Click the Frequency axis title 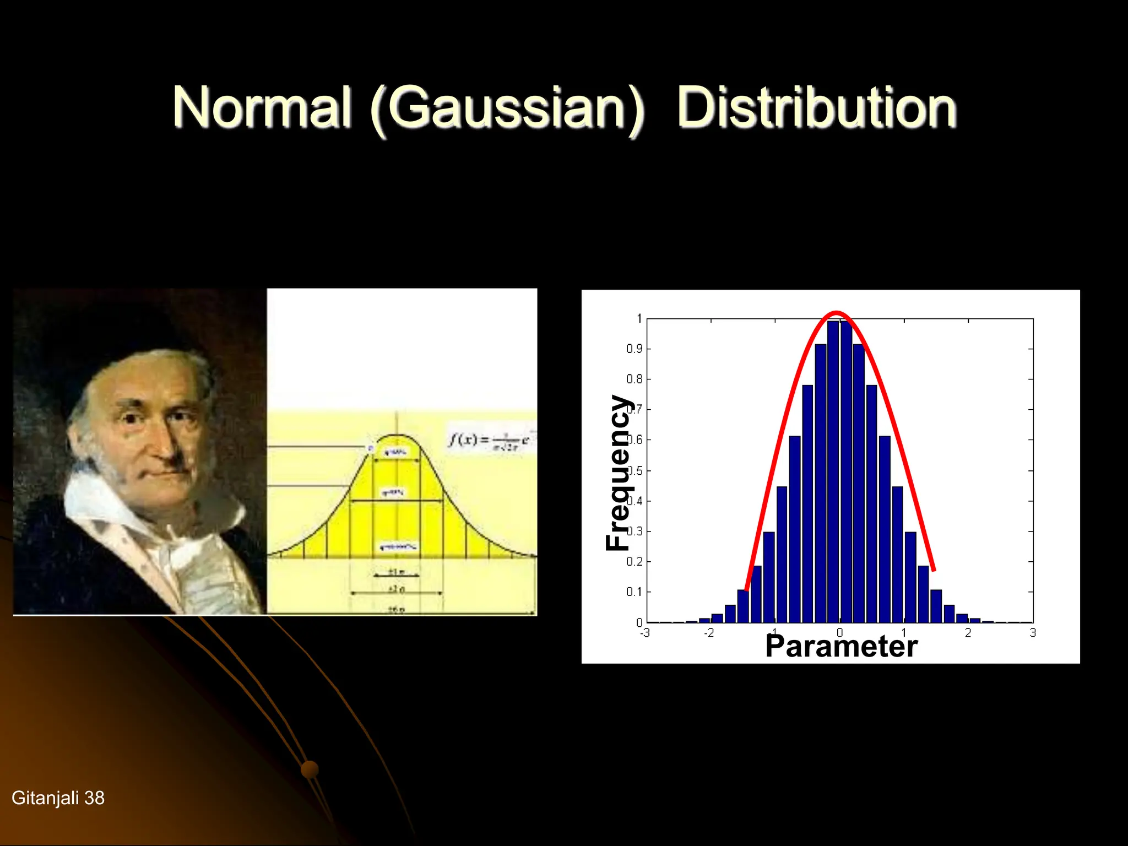[618, 473]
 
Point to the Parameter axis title [841, 647]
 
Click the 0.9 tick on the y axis [634, 349]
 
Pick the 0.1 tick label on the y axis [634, 592]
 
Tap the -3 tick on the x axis [645, 633]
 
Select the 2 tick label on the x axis [968, 633]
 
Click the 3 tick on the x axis [1033, 633]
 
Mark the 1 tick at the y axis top [639, 318]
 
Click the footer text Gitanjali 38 [58, 798]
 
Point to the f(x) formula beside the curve [488, 441]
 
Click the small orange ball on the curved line [310, 769]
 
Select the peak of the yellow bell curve [397, 436]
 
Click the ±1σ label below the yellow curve [397, 572]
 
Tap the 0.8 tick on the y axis [634, 379]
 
